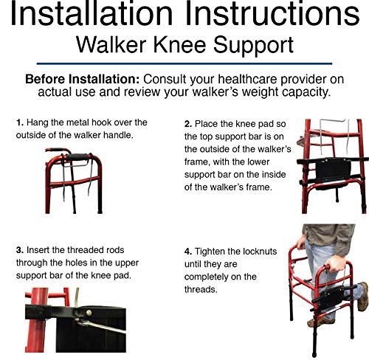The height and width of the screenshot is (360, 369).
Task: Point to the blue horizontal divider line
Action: point(184,63)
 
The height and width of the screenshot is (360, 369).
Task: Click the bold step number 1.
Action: point(18,122)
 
